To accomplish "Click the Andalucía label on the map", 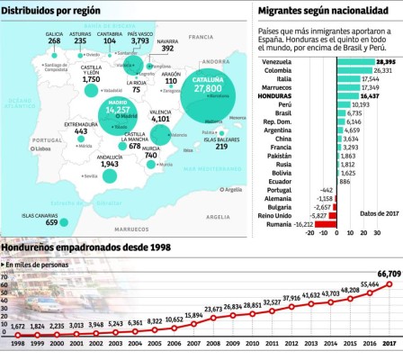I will coord(109,155).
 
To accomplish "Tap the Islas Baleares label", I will coord(220,139).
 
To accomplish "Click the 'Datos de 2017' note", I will coord(377,212).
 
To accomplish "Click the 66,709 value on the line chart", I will coord(389,273).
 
